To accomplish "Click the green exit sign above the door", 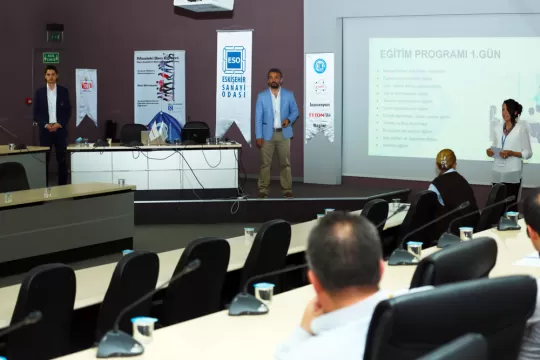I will tap(51, 58).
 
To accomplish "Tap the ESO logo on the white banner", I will tap(234, 60).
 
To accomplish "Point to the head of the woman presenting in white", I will tap(513, 109).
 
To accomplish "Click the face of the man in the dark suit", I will tap(51, 75).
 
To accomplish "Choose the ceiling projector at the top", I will tap(204, 5).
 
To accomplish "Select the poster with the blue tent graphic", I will tap(160, 91).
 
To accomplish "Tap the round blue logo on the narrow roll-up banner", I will tap(320, 66).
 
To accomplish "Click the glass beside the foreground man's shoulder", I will tap(264, 295).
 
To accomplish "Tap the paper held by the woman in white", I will tap(495, 150).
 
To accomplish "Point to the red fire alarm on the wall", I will tap(29, 100).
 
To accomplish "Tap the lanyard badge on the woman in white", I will tap(510, 140).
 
